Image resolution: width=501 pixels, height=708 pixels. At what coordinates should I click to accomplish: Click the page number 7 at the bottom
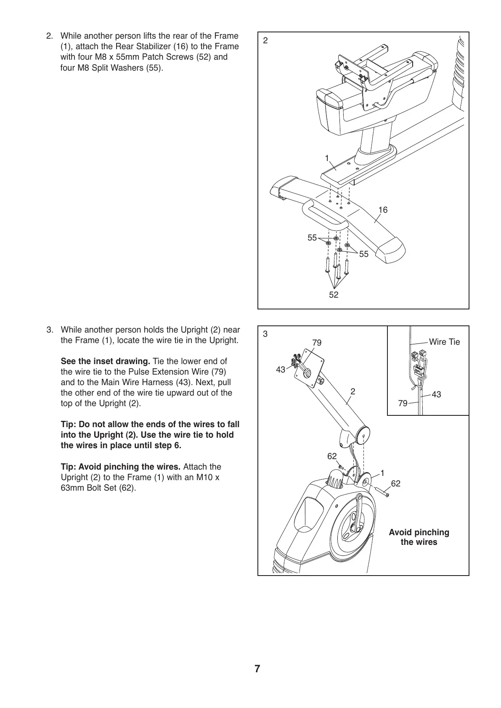(257, 669)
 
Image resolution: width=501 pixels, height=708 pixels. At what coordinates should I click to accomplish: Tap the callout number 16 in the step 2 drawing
(383, 210)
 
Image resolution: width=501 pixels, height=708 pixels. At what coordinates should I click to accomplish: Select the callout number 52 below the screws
(334, 295)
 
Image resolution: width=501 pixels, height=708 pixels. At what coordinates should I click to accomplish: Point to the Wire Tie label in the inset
(444, 342)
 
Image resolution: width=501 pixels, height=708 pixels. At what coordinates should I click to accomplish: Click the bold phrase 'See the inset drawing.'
(106, 361)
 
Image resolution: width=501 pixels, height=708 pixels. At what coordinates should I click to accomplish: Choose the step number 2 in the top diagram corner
(265, 41)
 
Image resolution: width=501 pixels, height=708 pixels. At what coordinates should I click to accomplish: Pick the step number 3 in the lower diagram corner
(265, 334)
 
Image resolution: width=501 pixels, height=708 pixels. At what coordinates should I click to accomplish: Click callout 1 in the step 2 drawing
(327, 158)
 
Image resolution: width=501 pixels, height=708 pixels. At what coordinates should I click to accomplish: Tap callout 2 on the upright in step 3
(353, 391)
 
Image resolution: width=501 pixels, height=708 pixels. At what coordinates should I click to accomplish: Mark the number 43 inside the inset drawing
(436, 394)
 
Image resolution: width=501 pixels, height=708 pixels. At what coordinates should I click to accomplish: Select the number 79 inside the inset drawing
(403, 403)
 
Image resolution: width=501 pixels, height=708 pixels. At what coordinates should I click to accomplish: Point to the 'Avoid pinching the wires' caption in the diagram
(419, 537)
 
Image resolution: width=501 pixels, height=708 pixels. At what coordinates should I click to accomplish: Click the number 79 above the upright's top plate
(317, 343)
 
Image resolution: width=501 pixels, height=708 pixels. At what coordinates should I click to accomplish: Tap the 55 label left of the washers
(312, 238)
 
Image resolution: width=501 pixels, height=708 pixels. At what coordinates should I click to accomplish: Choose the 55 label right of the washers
(363, 254)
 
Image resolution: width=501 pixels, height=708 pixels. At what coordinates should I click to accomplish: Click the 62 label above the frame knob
(332, 456)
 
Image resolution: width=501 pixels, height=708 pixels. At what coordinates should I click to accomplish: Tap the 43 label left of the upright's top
(281, 370)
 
